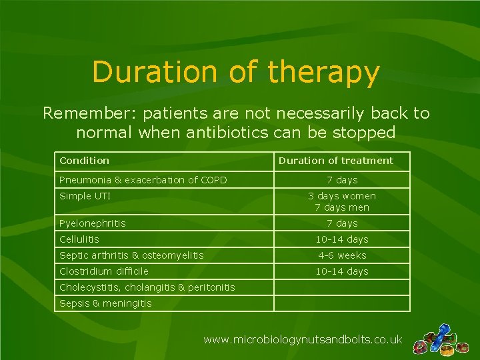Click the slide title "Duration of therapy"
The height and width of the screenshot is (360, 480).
(236, 73)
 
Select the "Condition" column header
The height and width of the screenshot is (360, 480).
(84, 161)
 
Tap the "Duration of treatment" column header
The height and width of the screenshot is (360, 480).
(336, 161)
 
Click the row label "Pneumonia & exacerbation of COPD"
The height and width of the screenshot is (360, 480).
(143, 180)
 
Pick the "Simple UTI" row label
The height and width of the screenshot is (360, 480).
(85, 196)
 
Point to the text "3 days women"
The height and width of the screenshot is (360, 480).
(342, 196)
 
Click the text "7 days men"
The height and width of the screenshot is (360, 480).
(342, 207)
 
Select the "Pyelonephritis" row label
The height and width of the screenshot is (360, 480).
(92, 223)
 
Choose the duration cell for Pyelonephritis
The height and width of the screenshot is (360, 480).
(342, 223)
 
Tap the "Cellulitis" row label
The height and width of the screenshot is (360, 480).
(79, 239)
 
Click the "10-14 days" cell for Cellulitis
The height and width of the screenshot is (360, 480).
(342, 239)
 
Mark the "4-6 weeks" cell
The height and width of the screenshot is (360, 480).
(342, 255)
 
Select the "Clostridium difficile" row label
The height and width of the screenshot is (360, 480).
(103, 271)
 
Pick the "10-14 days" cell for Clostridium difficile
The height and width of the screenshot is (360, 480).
(342, 271)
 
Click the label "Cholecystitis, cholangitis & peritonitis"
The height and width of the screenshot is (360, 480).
(147, 287)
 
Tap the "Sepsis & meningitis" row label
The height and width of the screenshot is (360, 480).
(105, 303)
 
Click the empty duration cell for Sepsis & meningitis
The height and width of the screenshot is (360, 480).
(342, 303)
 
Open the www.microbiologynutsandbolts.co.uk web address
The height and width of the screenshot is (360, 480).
(303, 340)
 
